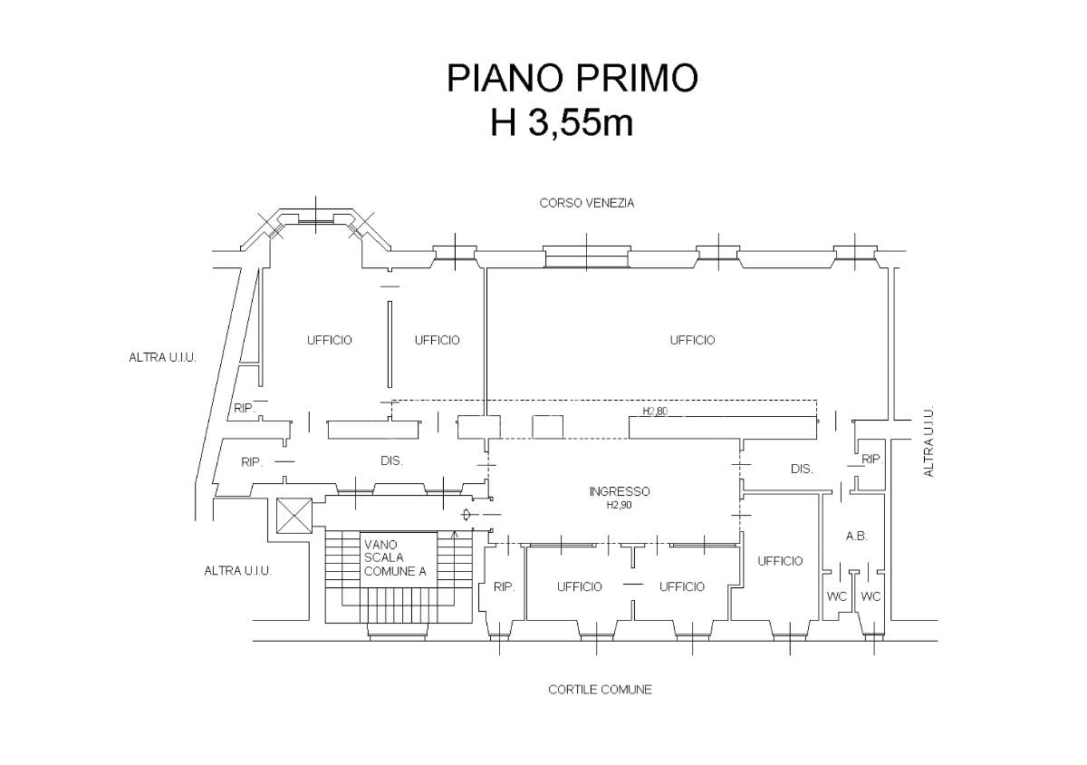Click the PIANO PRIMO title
point(572,78)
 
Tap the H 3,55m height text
point(562,122)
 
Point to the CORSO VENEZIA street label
point(587,203)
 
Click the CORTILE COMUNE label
point(600,690)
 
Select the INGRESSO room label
point(620,491)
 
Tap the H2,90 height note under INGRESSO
point(620,505)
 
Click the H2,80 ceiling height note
point(655,411)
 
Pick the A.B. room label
point(857,537)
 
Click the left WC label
point(837,596)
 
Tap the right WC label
point(871,596)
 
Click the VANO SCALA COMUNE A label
point(395,558)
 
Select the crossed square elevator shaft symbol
point(293,516)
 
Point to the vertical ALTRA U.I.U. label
point(928,441)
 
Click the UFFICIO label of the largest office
point(692,340)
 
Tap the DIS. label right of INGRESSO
point(802,469)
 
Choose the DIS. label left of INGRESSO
point(391,460)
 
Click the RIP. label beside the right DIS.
point(871,459)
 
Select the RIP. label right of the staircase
point(504,586)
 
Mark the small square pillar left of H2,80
point(548,427)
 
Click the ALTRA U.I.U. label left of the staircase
point(237,571)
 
